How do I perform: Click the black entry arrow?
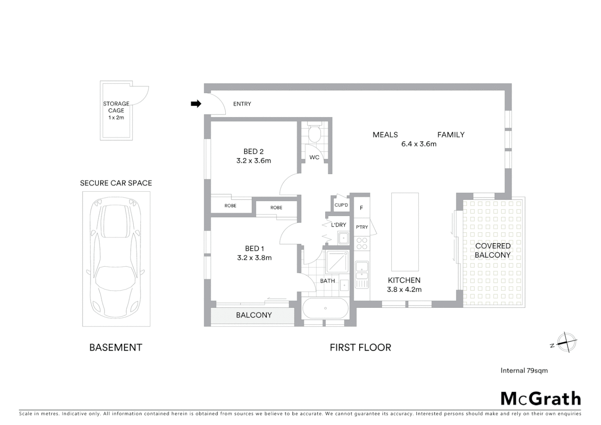[x=196, y=104]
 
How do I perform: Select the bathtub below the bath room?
[x=325, y=308]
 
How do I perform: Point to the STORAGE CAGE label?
[x=116, y=107]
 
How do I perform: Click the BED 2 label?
[x=253, y=152]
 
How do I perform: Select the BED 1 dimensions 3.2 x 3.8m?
[x=254, y=258]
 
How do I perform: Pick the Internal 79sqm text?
[x=524, y=370]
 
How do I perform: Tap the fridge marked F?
[x=361, y=208]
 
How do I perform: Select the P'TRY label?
[x=362, y=227]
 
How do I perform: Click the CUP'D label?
[x=341, y=205]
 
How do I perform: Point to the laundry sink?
[x=343, y=238]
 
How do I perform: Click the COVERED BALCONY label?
[x=492, y=250]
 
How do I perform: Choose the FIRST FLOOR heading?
[x=360, y=347]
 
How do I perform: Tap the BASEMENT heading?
[x=116, y=347]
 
